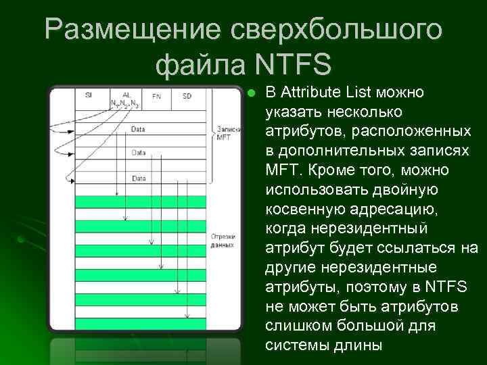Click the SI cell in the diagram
coord(89,96)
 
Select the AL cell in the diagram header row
coord(126,96)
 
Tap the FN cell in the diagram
coord(157,96)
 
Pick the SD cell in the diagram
coord(187,96)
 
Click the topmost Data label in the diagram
coord(138,128)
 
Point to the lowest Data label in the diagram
coord(138,178)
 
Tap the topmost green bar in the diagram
coord(139,201)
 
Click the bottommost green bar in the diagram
coord(139,323)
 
